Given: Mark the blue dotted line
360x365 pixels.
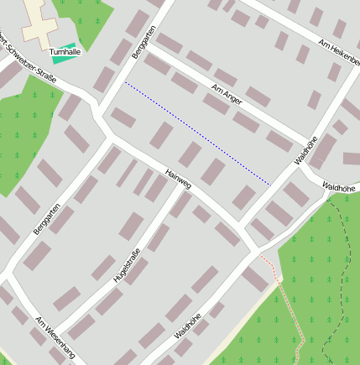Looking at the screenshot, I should (x=197, y=133).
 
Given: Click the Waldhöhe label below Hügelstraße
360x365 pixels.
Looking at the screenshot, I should (x=188, y=326).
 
